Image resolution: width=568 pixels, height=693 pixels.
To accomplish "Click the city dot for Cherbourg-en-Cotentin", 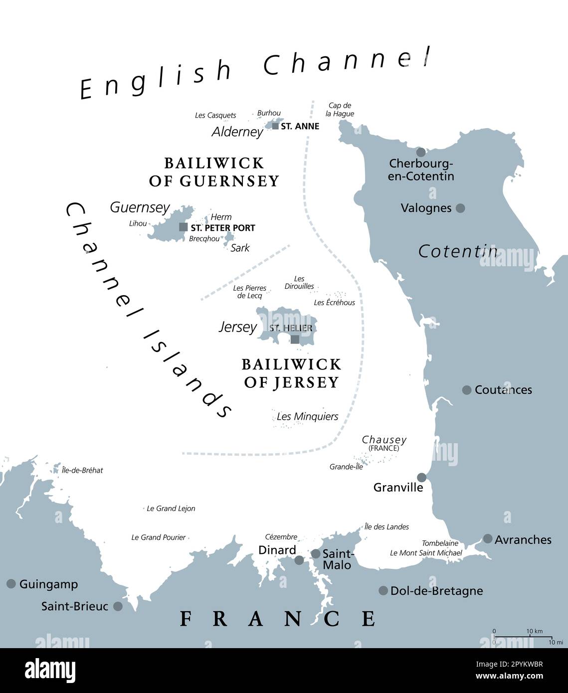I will click(x=421, y=152).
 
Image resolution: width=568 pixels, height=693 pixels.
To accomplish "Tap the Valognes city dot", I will click(x=460, y=208).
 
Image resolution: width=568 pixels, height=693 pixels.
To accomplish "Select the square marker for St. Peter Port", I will click(x=184, y=227).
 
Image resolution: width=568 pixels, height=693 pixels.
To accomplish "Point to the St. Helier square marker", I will click(x=295, y=340).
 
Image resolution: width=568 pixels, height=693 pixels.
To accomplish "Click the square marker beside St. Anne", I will click(x=275, y=126).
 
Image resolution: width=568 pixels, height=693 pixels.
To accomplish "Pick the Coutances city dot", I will click(x=467, y=390).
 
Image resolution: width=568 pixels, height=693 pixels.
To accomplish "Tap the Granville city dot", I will click(x=422, y=477).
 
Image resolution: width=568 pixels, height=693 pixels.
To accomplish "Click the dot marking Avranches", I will click(x=488, y=539).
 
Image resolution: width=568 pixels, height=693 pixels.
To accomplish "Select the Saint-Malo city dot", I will click(x=316, y=554).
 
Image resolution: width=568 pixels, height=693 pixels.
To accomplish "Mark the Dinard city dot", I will click(x=299, y=560).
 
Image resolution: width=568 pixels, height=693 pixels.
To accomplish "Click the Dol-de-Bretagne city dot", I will click(x=383, y=591).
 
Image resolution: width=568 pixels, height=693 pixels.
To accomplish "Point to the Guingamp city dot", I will click(x=11, y=584).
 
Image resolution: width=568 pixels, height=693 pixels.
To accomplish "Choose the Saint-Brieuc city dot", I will click(x=118, y=606).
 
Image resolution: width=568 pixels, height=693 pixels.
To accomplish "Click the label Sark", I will click(x=240, y=248).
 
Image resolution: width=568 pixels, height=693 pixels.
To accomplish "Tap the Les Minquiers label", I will click(x=307, y=416).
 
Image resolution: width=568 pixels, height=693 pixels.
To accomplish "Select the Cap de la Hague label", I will click(x=340, y=110).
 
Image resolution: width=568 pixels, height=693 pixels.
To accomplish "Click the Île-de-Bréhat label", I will click(x=82, y=470).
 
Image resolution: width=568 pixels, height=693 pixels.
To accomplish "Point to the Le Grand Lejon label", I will click(x=171, y=509).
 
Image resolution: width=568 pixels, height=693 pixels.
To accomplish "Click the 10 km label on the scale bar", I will click(x=535, y=631).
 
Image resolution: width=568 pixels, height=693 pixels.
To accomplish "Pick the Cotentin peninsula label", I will click(x=458, y=251).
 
